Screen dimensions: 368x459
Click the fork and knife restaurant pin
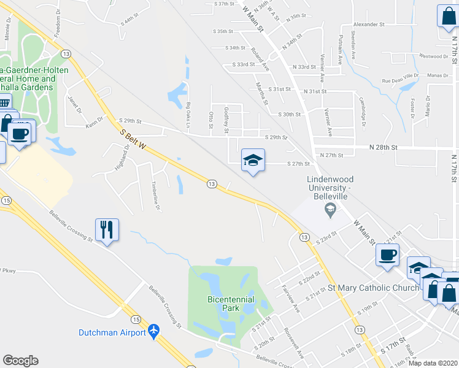click(107, 230)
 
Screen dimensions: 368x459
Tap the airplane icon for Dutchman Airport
click(153, 332)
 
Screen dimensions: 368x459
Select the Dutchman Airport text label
click(112, 333)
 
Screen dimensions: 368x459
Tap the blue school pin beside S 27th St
click(253, 161)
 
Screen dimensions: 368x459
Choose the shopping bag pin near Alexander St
click(447, 16)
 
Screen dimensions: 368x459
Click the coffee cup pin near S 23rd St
click(387, 255)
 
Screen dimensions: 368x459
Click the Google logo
click(20, 361)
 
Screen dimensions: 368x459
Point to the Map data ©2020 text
click(432, 362)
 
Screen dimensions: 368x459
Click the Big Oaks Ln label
click(189, 115)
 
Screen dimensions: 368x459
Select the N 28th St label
click(384, 148)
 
